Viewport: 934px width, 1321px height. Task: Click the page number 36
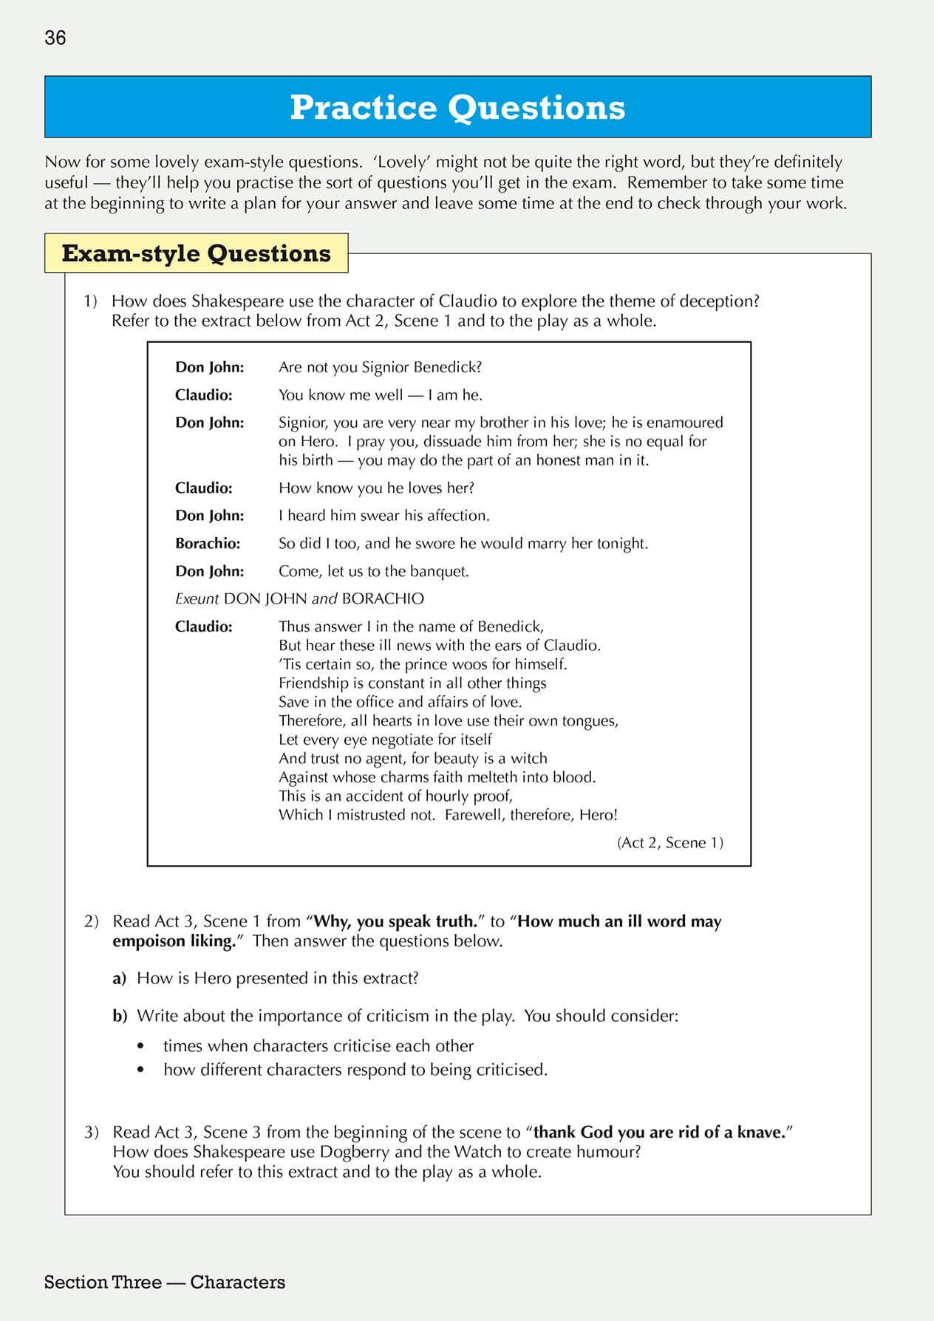tap(55, 38)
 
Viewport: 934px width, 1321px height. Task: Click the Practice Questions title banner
tap(457, 107)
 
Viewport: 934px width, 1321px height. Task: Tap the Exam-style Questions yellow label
tap(196, 253)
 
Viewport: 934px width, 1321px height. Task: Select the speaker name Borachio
tap(208, 544)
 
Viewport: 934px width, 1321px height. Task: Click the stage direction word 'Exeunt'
tap(197, 599)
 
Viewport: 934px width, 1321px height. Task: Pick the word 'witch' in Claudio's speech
tap(529, 759)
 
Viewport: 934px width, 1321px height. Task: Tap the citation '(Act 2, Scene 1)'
tap(669, 843)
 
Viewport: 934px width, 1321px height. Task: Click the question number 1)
tap(90, 301)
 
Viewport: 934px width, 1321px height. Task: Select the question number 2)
tap(91, 922)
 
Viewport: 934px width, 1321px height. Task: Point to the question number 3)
tap(91, 1133)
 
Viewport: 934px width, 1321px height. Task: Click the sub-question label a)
tap(120, 979)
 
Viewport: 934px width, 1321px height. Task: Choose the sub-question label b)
tap(120, 1017)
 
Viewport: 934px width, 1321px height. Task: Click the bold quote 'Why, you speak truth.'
tap(395, 922)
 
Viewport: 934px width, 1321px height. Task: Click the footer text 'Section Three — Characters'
tap(164, 1283)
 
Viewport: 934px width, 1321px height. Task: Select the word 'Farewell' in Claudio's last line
tap(472, 816)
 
